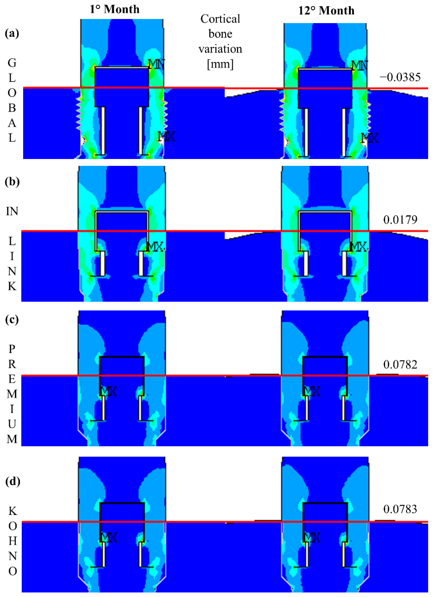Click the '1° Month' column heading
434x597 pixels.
pyautogui.click(x=115, y=9)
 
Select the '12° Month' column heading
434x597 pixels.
pyautogui.click(x=326, y=11)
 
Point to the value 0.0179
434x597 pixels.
pyautogui.click(x=400, y=220)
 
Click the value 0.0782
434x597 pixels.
pyautogui.click(x=400, y=364)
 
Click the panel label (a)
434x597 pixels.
pyautogui.click(x=12, y=34)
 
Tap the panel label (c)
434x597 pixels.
pyautogui.click(x=12, y=320)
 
